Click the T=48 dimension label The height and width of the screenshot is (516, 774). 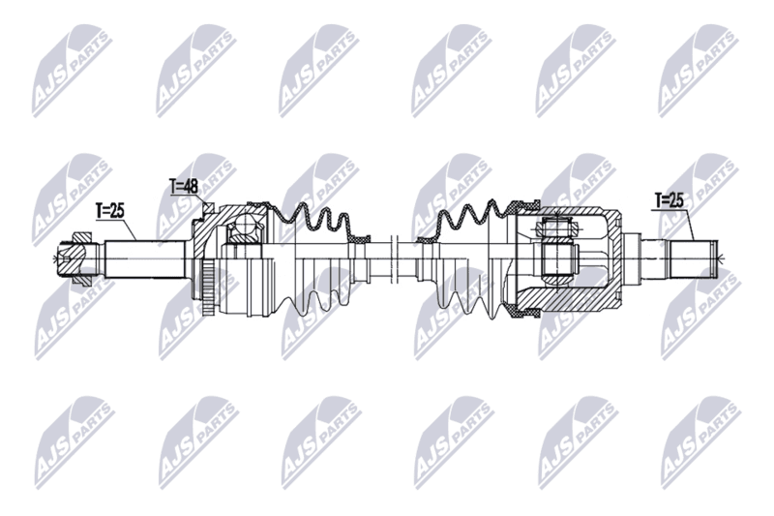click(184, 187)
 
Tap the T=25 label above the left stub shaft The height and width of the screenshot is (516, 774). click(109, 211)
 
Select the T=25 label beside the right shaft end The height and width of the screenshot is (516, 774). click(669, 200)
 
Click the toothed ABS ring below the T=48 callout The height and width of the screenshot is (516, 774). click(208, 287)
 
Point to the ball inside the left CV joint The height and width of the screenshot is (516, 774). click(246, 226)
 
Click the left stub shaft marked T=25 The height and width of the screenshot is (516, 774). click(147, 259)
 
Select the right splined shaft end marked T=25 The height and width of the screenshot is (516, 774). click(692, 258)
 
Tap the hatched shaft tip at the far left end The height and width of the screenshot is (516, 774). click(67, 256)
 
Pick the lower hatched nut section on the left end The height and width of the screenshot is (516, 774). click(82, 278)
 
